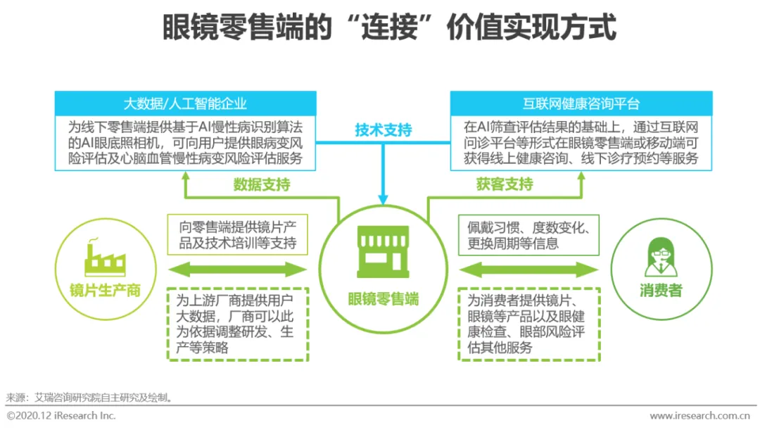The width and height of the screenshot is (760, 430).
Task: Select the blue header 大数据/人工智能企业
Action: click(x=185, y=103)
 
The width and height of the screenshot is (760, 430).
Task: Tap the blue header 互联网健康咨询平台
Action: click(x=581, y=103)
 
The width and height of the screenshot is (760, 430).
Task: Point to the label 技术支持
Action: click(x=383, y=130)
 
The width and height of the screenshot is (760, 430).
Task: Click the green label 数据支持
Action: click(x=262, y=185)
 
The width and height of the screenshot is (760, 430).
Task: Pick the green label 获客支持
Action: click(x=505, y=185)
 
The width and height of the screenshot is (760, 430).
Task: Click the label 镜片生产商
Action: click(x=105, y=290)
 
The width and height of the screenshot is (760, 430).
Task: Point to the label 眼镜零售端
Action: click(x=383, y=299)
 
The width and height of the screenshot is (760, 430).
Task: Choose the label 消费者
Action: click(x=660, y=290)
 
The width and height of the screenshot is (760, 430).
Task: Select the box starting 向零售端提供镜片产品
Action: click(x=238, y=236)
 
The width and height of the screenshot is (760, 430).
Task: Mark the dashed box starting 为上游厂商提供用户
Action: click(x=238, y=324)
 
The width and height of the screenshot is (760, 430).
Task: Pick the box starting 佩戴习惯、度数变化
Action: click(x=529, y=236)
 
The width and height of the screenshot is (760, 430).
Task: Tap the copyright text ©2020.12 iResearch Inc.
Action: click(x=61, y=416)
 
